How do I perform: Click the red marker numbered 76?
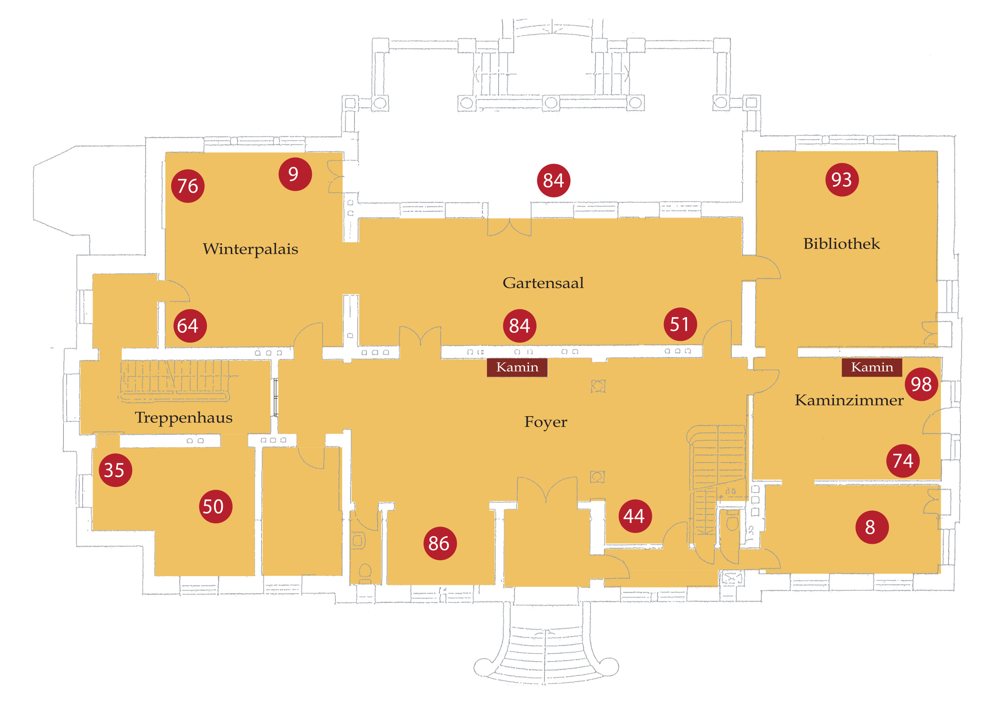(x=188, y=186)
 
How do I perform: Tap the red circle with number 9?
(x=295, y=174)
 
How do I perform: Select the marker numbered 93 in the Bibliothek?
(x=842, y=180)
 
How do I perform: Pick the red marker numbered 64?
(x=190, y=326)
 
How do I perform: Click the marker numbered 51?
(x=680, y=324)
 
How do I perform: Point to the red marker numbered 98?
(x=921, y=384)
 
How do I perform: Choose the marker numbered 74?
(x=903, y=461)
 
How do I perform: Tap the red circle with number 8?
(x=871, y=527)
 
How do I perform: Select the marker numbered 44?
(x=635, y=516)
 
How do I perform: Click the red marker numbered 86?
(x=440, y=543)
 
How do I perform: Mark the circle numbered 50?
(x=215, y=506)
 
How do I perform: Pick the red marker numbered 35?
(x=115, y=470)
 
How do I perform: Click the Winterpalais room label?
(x=250, y=249)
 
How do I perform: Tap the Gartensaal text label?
(x=543, y=283)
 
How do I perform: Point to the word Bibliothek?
(x=841, y=244)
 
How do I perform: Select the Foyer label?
(x=546, y=422)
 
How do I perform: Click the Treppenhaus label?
(x=183, y=417)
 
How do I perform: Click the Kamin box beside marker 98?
(x=871, y=367)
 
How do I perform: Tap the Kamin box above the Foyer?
(x=517, y=367)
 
